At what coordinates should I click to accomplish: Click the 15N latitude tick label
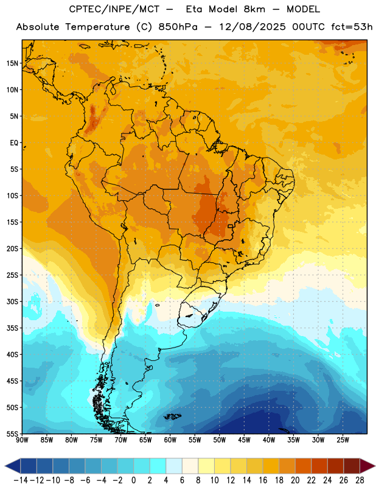click(x=12, y=63)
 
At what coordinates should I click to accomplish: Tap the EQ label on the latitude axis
click(x=14, y=143)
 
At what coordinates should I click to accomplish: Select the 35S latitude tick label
click(x=12, y=328)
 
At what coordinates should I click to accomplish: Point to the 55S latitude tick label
click(x=12, y=434)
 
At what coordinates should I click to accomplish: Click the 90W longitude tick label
click(x=22, y=440)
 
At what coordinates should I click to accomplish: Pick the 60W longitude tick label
click(x=170, y=440)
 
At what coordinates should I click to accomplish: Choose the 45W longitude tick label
click(x=244, y=440)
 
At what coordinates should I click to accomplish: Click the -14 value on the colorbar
click(x=21, y=480)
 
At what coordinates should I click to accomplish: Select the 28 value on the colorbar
click(x=360, y=480)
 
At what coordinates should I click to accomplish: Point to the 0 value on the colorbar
click(x=133, y=480)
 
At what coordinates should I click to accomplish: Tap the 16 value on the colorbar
click(x=263, y=480)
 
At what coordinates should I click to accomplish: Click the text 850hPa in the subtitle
click(x=178, y=27)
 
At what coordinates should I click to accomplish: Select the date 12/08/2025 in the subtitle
click(x=252, y=27)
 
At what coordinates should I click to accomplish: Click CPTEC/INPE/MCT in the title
click(x=114, y=9)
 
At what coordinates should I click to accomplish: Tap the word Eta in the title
click(x=194, y=9)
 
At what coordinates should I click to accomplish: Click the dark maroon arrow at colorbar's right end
click(x=367, y=466)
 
